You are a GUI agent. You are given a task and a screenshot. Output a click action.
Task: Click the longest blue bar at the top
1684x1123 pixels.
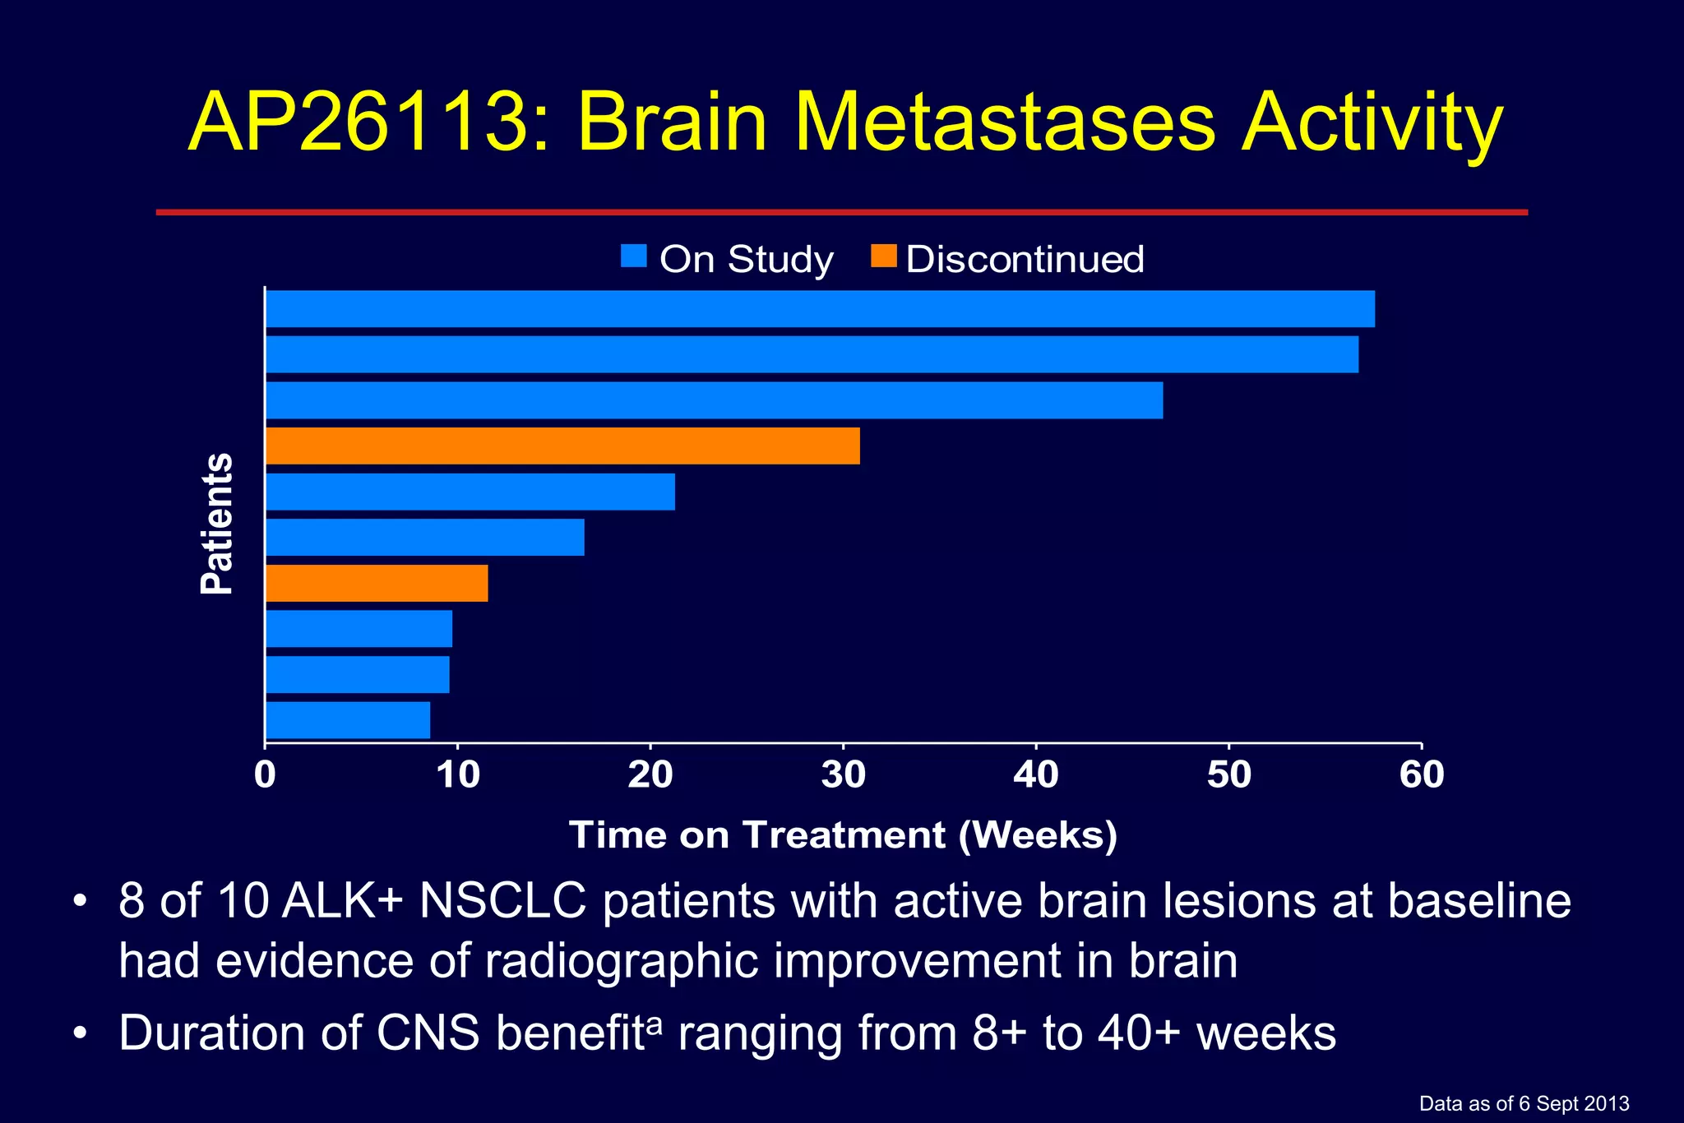coord(820,308)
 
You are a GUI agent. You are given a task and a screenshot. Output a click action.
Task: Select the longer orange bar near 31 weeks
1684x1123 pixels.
coord(562,446)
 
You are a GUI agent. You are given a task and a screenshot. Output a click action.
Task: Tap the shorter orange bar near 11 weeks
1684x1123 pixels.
coord(377,583)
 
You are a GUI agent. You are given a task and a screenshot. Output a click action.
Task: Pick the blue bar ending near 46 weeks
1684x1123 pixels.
coord(714,400)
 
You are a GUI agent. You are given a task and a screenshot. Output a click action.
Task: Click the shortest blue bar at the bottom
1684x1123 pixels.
coord(347,720)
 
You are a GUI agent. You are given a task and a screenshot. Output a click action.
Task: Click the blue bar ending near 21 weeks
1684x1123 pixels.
coord(470,492)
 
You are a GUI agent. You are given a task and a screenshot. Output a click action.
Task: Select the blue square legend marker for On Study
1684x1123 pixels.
coord(634,256)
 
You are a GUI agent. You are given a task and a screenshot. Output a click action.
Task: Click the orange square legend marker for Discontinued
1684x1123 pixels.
coord(884,256)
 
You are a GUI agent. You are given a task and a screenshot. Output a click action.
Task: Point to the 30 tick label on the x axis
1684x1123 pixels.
coord(843,775)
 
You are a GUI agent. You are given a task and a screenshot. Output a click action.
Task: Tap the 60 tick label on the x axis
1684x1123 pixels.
coord(1422,775)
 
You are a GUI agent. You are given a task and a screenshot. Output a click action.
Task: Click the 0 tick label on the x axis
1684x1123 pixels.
coord(265,775)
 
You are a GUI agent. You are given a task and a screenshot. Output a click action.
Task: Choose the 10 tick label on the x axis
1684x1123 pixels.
coord(458,775)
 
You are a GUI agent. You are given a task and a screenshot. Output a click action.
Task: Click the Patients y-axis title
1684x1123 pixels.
coord(217,524)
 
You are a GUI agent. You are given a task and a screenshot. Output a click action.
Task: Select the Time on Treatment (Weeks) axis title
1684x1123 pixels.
coord(843,835)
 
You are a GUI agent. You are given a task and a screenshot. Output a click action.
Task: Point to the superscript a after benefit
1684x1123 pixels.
coord(655,1024)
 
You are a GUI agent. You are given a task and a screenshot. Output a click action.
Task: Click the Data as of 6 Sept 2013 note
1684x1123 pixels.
coord(1524,1104)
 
